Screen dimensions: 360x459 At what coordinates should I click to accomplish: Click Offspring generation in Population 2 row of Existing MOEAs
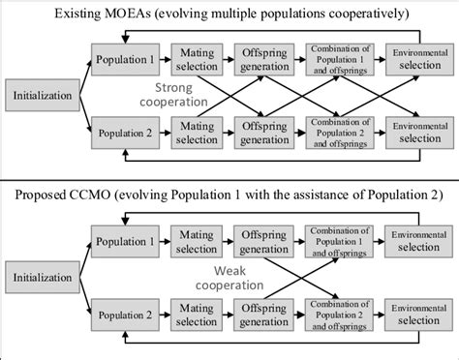pyautogui.click(x=266, y=130)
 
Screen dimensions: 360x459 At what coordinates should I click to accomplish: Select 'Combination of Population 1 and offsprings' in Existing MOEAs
pyautogui.click(x=338, y=57)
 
